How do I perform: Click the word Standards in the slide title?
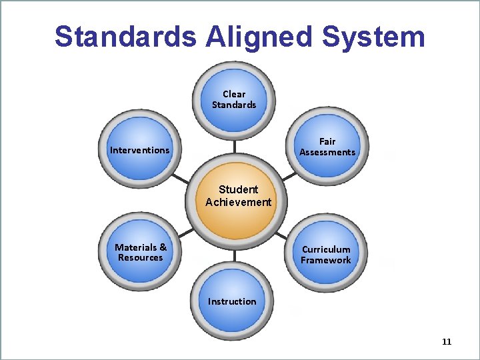point(126,37)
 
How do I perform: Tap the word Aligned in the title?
point(255,37)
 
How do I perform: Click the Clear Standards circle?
point(234,99)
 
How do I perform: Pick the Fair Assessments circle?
point(327,147)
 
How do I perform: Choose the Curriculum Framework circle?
point(326,255)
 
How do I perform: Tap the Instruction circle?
point(233,301)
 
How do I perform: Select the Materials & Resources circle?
point(140,252)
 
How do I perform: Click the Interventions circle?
point(140,150)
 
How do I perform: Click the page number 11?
point(447,342)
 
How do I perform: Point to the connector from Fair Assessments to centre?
point(288,175)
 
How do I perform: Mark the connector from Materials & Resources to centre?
point(185,233)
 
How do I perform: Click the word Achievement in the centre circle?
point(239,203)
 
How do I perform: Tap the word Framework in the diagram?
point(326,261)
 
